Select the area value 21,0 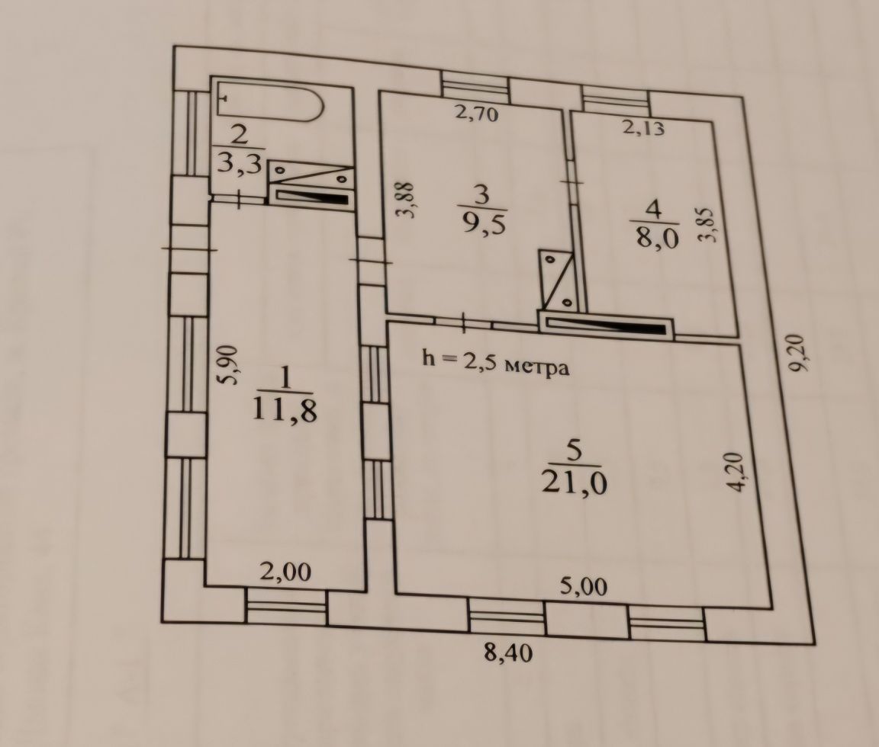[x=574, y=483]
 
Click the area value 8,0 [x=657, y=237]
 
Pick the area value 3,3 [x=240, y=164]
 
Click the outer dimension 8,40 [x=508, y=653]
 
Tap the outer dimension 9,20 [x=797, y=353]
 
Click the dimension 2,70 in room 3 [x=476, y=114]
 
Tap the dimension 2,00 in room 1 [x=285, y=572]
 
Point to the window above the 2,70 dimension [x=475, y=85]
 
